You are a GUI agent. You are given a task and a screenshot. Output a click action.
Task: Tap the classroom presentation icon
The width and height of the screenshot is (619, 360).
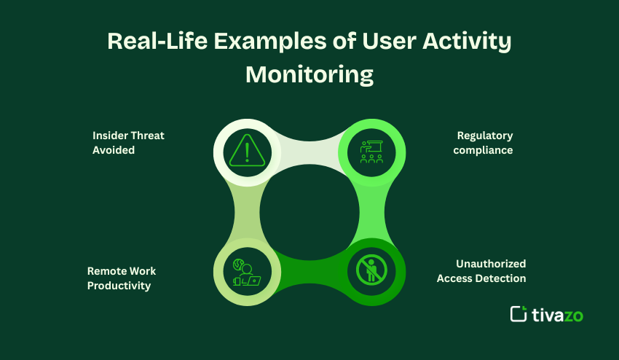(371, 152)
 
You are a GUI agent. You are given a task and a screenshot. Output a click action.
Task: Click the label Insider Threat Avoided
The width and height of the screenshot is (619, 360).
(128, 143)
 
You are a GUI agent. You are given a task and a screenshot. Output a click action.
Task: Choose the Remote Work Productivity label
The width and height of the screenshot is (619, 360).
(122, 278)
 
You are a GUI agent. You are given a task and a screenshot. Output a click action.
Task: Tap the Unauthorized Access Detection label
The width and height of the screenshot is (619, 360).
(481, 271)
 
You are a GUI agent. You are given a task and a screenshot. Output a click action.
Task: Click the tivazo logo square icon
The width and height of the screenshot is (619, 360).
(519, 314)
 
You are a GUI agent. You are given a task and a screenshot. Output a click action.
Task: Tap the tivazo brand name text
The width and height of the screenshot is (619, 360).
(558, 314)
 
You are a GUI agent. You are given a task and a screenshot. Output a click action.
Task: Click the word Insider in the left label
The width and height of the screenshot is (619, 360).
(110, 136)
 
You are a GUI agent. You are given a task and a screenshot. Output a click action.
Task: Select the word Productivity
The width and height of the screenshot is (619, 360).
(119, 286)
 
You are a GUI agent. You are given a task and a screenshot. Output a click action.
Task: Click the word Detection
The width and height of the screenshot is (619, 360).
(500, 278)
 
